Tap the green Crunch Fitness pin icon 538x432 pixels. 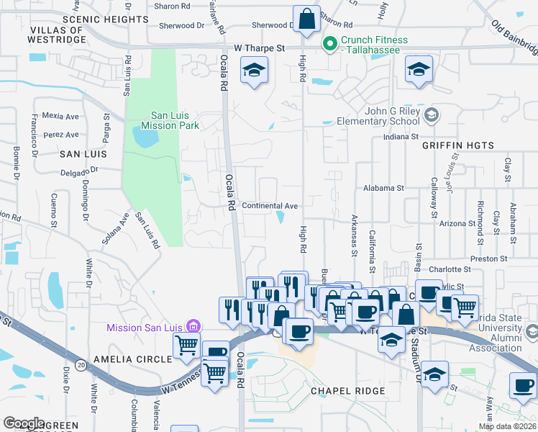[x=330, y=45]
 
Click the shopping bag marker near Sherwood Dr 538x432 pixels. [x=307, y=19]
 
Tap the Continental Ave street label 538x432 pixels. [x=270, y=206]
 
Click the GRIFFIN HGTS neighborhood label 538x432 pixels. [x=459, y=145]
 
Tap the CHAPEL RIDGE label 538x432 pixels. [x=348, y=391]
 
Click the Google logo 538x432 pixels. [x=24, y=423]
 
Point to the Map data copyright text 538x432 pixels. [x=507, y=426]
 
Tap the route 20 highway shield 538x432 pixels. [x=81, y=365]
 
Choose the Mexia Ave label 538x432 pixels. [x=60, y=115]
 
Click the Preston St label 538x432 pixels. [x=488, y=258]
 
